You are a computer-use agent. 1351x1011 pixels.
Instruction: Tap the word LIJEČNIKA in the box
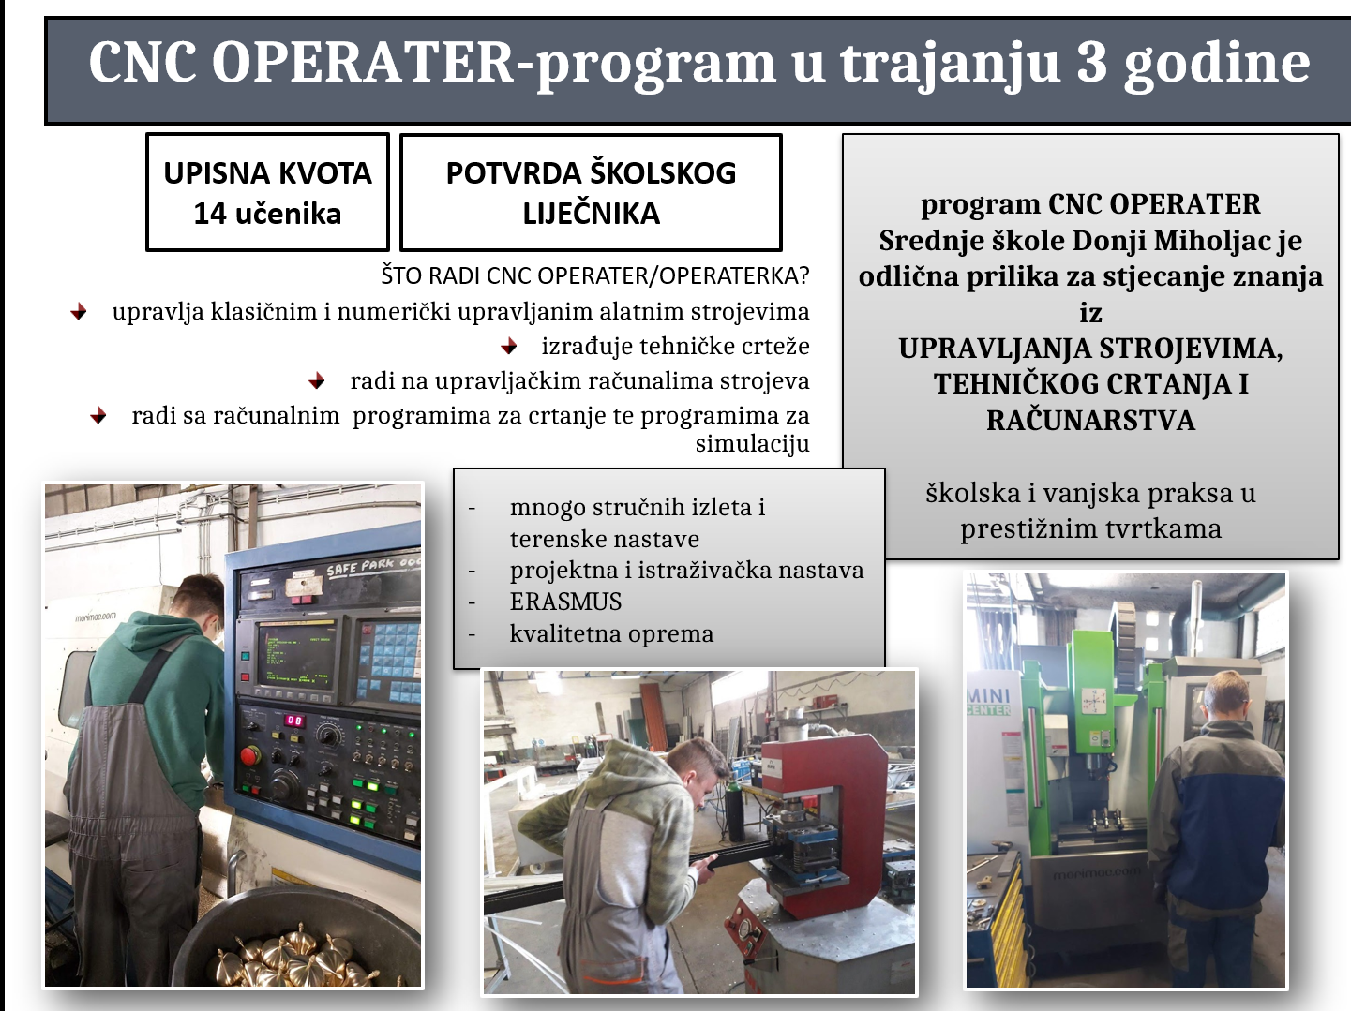click(x=591, y=214)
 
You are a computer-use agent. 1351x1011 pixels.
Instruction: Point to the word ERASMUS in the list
click(x=565, y=602)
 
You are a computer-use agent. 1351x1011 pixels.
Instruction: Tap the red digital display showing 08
click(x=294, y=721)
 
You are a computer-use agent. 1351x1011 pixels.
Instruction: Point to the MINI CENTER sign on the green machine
click(x=989, y=702)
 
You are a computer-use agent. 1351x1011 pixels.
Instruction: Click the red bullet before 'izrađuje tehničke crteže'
click(x=509, y=347)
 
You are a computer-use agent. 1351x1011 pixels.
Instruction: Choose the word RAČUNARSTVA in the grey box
click(x=1090, y=421)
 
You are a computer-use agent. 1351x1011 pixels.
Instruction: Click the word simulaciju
click(x=752, y=443)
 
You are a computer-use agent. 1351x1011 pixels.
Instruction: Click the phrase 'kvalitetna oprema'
click(x=611, y=633)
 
